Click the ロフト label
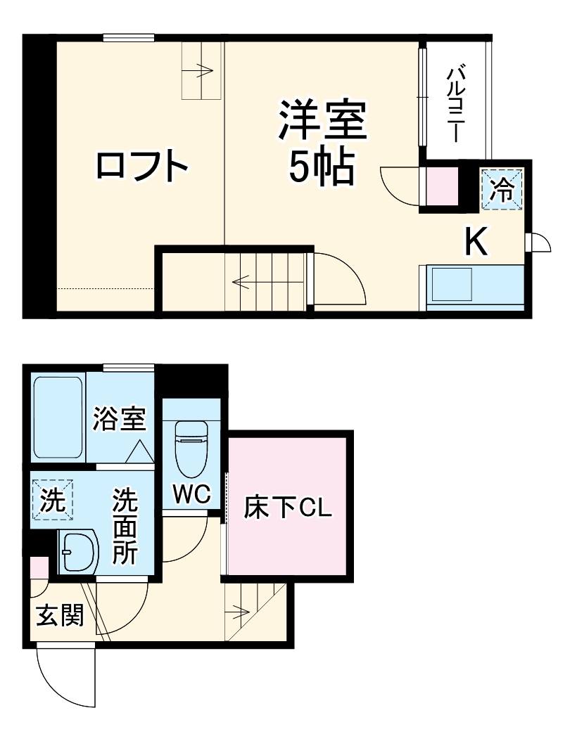click(x=143, y=166)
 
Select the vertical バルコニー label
click(x=457, y=103)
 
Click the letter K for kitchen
click(x=476, y=243)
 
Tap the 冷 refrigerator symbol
click(x=502, y=188)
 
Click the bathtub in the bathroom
click(x=58, y=418)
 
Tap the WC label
click(x=191, y=495)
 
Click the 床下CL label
click(x=288, y=508)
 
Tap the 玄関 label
click(x=60, y=616)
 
